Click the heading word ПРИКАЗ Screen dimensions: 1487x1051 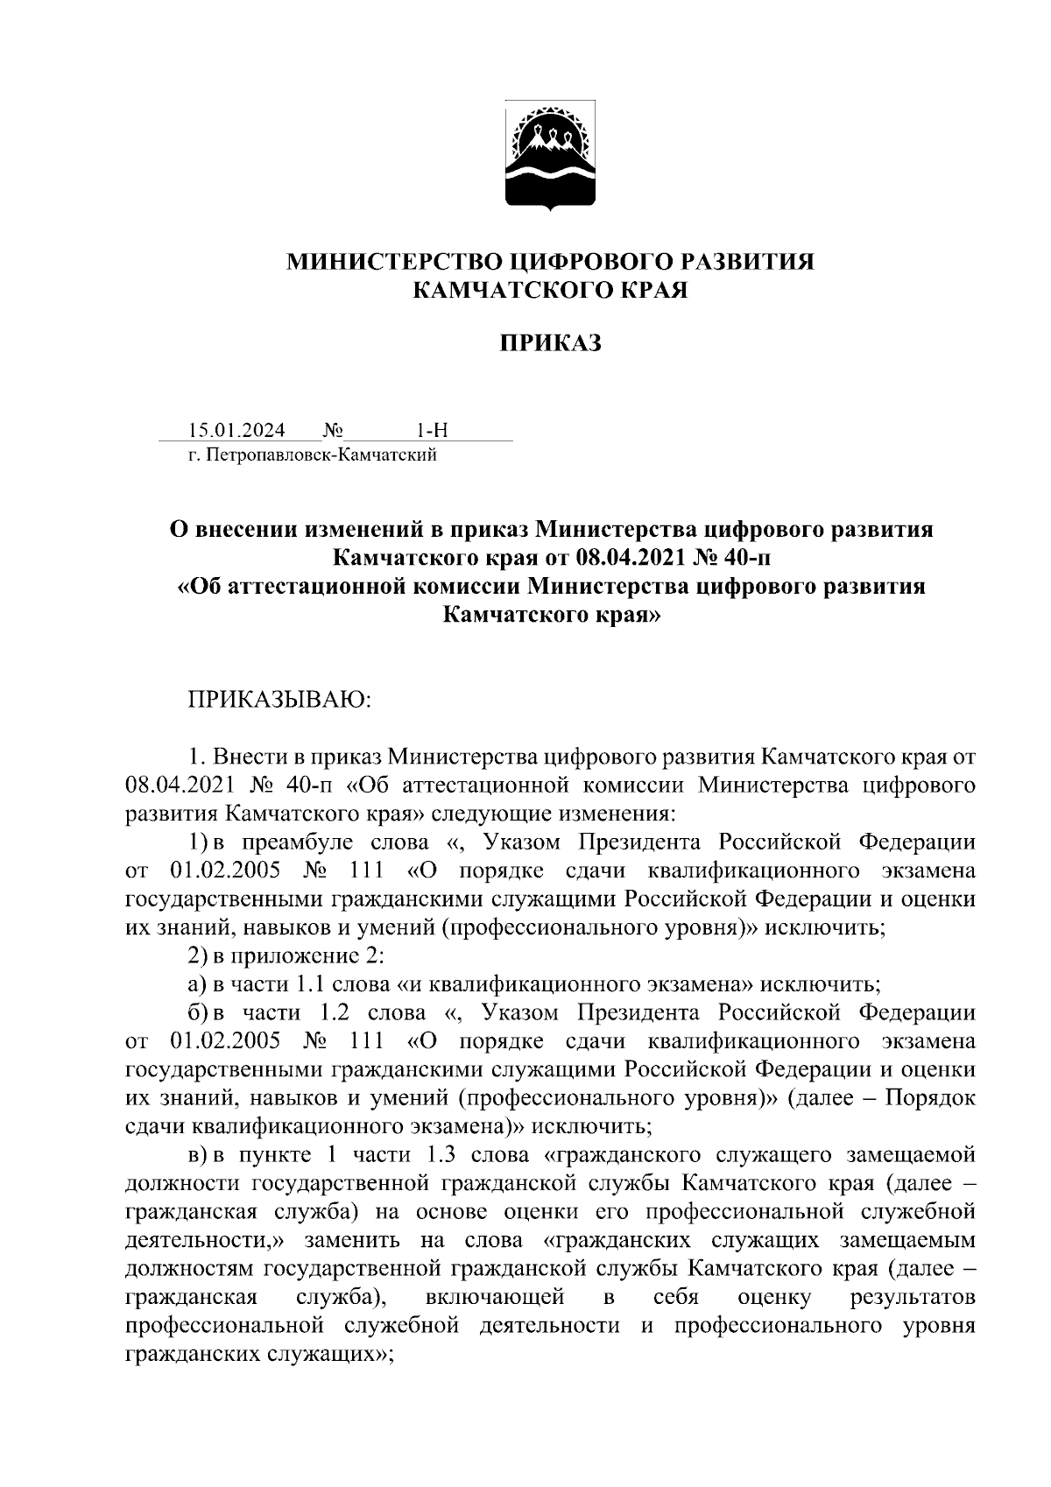pyautogui.click(x=551, y=344)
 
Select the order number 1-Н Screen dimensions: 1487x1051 pyautogui.click(x=432, y=430)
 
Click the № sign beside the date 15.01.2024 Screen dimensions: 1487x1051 pyautogui.click(x=333, y=430)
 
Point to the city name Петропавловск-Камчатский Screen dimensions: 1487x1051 pyautogui.click(x=323, y=455)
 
